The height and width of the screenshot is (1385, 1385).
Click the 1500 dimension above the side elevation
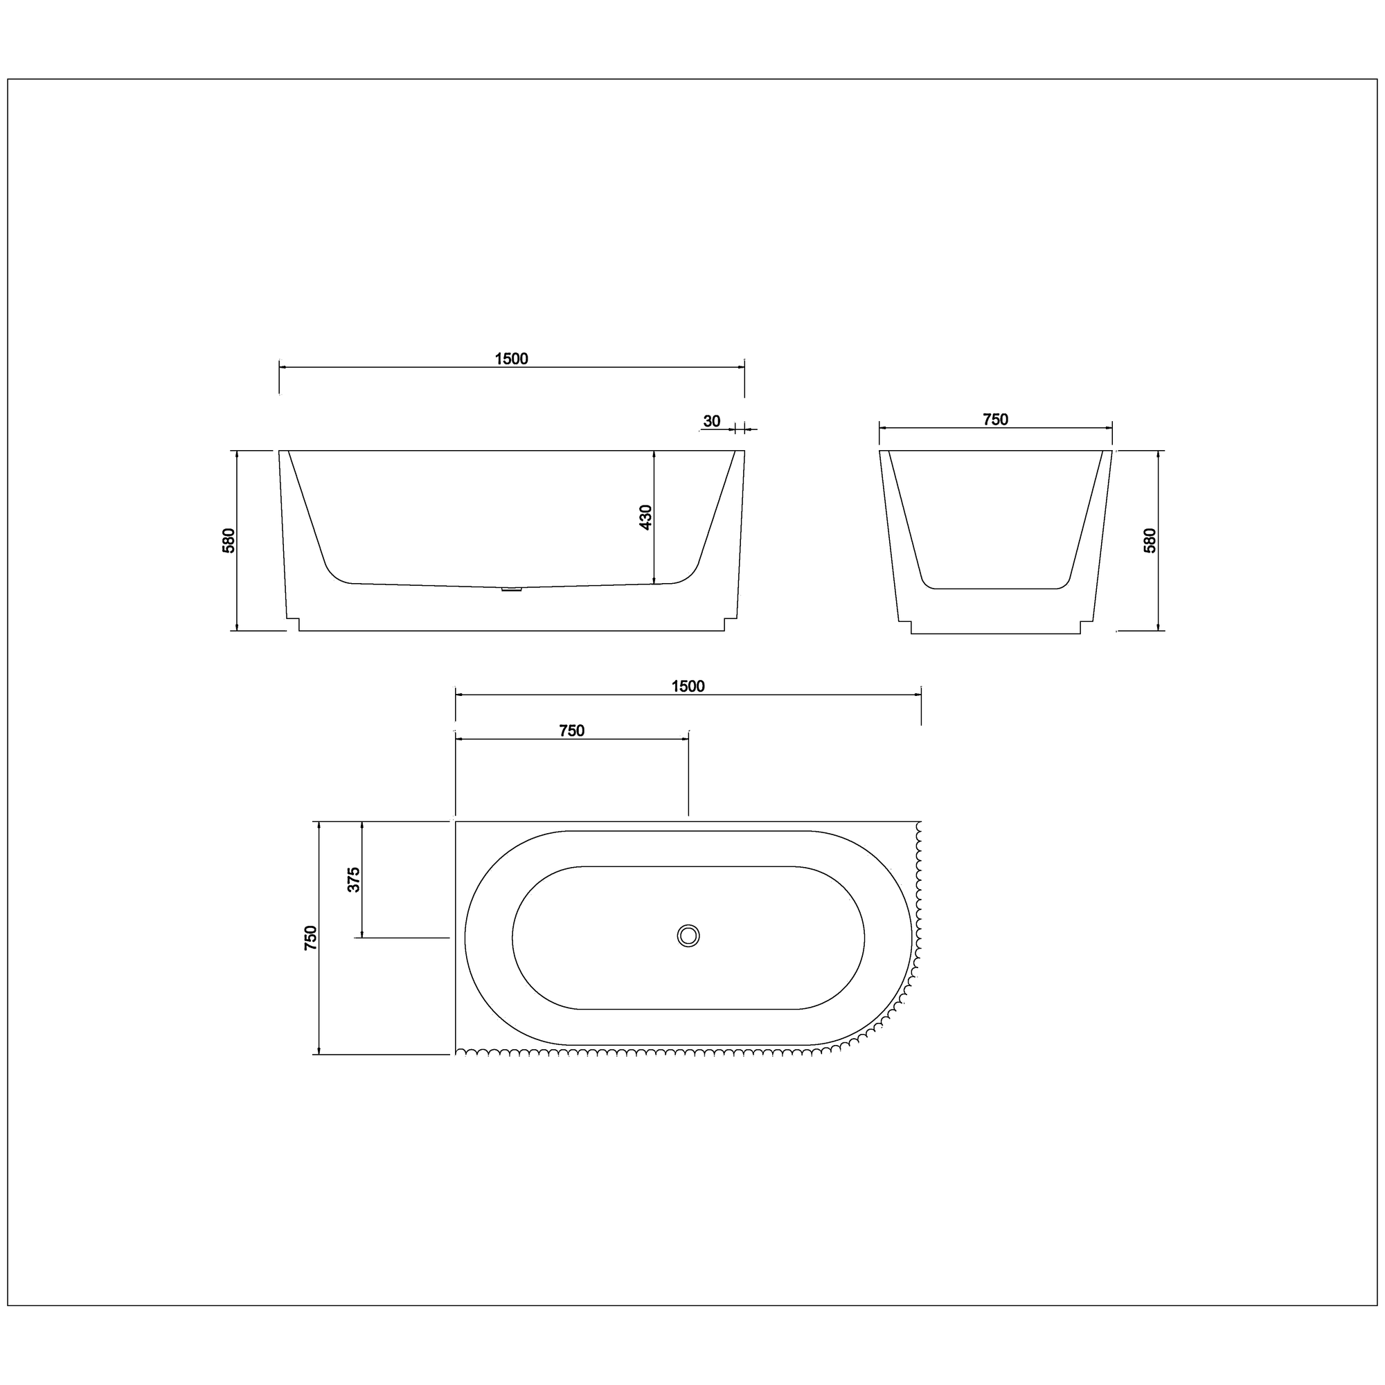click(x=511, y=359)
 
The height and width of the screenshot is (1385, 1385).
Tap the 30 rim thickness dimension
click(x=711, y=421)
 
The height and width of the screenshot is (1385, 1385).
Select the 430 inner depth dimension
click(x=645, y=517)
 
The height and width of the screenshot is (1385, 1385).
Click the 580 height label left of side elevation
click(x=228, y=541)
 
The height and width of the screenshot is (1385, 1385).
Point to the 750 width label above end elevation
click(x=995, y=420)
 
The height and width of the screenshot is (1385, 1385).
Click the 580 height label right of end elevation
click(x=1149, y=541)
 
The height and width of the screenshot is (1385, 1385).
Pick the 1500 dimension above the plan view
click(x=688, y=686)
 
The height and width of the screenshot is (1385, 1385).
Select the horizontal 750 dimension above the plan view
click(x=571, y=731)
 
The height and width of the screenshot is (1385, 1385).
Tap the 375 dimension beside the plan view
click(x=353, y=879)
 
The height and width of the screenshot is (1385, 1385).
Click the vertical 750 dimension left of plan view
click(x=310, y=938)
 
